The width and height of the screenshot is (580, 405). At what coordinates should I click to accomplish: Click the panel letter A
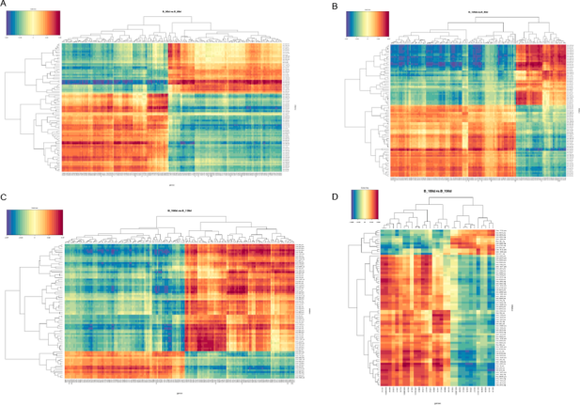pos(5,5)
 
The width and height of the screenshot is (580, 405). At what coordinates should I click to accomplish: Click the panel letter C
pos(5,197)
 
